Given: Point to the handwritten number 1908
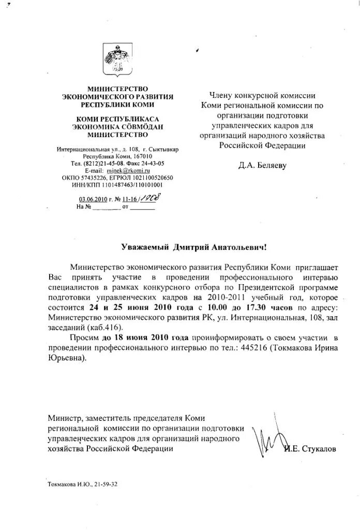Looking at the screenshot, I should [147, 197].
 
